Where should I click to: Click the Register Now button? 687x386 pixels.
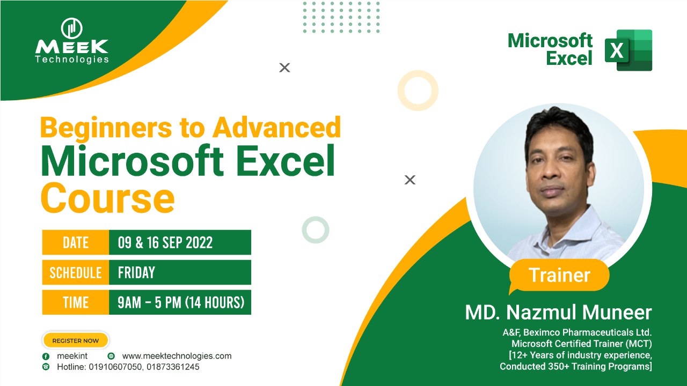click(x=76, y=340)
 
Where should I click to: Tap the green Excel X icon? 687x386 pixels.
click(x=628, y=50)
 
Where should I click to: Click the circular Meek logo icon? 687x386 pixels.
click(x=72, y=28)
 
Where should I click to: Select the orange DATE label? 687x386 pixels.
click(x=76, y=242)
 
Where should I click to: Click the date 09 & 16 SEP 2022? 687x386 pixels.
click(x=165, y=243)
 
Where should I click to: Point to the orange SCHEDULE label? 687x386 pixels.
click(x=76, y=272)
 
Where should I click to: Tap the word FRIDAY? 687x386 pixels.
click(x=136, y=272)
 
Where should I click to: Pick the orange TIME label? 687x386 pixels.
click(x=76, y=302)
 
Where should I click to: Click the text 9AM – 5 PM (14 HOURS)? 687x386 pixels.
click(x=181, y=302)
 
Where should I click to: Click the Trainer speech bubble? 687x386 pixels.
click(x=559, y=275)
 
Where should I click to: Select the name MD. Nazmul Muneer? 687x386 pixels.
click(x=558, y=313)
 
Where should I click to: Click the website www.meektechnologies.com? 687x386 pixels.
click(x=177, y=356)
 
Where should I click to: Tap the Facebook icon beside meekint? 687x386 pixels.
click(x=46, y=357)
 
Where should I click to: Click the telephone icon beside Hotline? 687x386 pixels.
click(x=46, y=367)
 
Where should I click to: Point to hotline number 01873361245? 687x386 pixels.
click(x=173, y=367)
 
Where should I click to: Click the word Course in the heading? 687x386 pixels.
click(x=108, y=198)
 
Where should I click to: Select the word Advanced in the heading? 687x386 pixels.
click(x=276, y=128)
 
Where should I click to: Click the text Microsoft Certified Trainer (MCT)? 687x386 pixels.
click(x=581, y=344)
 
